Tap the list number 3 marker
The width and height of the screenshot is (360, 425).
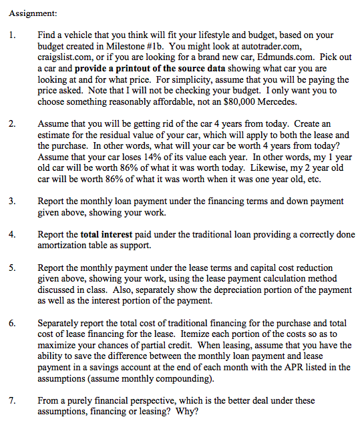coord(13,201)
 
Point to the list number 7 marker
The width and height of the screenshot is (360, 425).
coord(13,400)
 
